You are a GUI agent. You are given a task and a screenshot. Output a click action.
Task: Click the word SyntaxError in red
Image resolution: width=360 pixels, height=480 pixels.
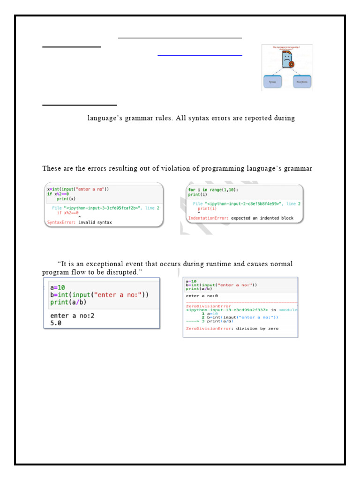pyautogui.click(x=61, y=222)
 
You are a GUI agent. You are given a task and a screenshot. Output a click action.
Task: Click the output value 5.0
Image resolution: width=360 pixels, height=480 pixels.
pyautogui.click(x=56, y=323)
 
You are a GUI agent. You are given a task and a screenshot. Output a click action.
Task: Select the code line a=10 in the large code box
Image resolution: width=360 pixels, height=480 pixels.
pyautogui.click(x=57, y=287)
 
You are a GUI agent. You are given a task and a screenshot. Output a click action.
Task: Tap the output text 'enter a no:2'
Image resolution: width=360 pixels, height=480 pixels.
pyautogui.click(x=72, y=315)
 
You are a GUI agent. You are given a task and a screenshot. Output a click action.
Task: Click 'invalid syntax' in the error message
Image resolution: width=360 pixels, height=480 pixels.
pyautogui.click(x=95, y=222)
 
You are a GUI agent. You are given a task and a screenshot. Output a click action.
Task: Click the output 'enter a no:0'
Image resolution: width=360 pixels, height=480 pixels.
pyautogui.click(x=202, y=296)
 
